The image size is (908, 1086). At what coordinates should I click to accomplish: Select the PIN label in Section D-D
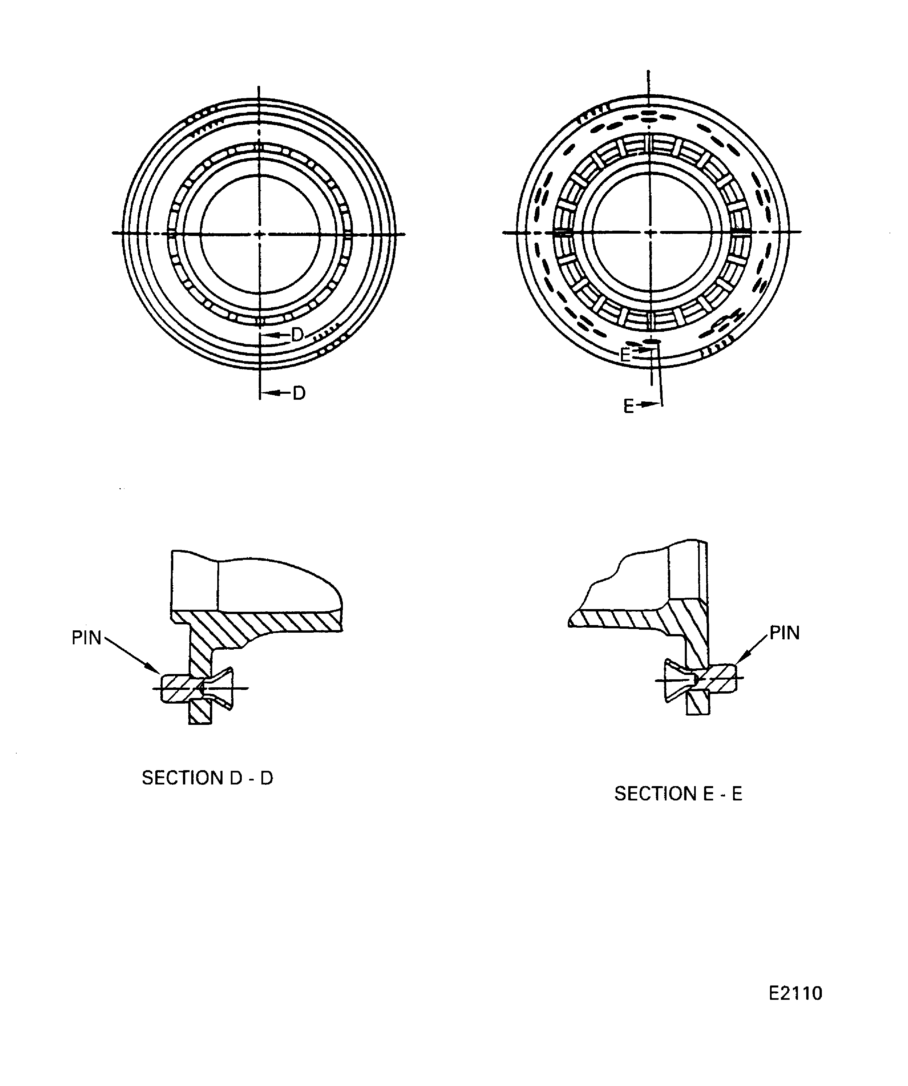pos(86,638)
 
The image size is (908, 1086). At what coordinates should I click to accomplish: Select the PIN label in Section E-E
pos(785,633)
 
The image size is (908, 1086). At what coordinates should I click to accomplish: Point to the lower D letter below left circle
pos(299,393)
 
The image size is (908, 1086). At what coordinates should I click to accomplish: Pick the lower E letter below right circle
pos(628,406)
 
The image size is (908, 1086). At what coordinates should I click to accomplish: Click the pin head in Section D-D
pos(176,688)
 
